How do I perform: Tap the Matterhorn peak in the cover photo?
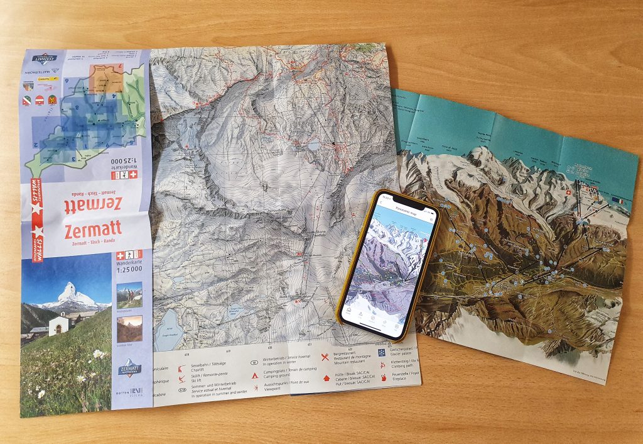(x=68, y=291)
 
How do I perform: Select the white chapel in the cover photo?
(x=59, y=325)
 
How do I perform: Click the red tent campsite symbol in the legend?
(x=255, y=375)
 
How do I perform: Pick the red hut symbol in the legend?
(x=326, y=378)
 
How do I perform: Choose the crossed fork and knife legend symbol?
(x=325, y=357)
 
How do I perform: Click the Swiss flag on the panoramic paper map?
(x=568, y=193)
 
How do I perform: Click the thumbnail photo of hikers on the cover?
(x=129, y=295)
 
